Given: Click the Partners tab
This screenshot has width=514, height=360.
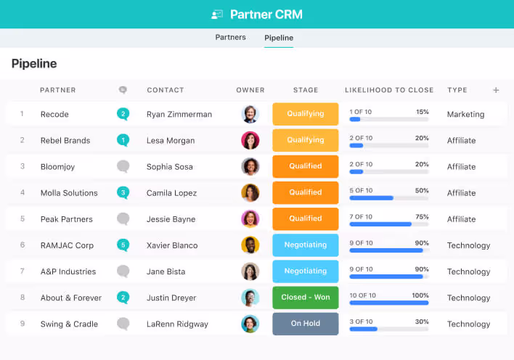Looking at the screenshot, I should pyautogui.click(x=230, y=37).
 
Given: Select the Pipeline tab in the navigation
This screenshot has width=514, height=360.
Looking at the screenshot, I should pyautogui.click(x=279, y=38).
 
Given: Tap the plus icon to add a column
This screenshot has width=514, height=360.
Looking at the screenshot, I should pyautogui.click(x=496, y=90).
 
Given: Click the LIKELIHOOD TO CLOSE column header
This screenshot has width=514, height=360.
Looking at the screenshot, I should pyautogui.click(x=388, y=90).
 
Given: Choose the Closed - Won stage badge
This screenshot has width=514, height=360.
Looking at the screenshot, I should pyautogui.click(x=305, y=298).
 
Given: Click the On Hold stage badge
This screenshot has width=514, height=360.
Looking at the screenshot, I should pyautogui.click(x=305, y=324).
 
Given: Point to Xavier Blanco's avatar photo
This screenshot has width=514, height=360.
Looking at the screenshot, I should pyautogui.click(x=250, y=245).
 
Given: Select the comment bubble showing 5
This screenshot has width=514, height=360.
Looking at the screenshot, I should pyautogui.click(x=123, y=245).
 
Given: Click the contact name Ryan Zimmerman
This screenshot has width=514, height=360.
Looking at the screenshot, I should pyautogui.click(x=179, y=114).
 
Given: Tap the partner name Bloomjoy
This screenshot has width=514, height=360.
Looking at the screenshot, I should pyautogui.click(x=57, y=167).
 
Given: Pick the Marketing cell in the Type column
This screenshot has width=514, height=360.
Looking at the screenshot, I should pyautogui.click(x=465, y=114).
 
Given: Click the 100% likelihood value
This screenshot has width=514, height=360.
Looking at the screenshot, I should pyautogui.click(x=420, y=295).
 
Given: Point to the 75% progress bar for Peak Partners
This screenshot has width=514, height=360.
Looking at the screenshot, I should pyautogui.click(x=388, y=224).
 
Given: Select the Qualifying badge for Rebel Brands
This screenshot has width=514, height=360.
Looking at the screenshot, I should pyautogui.click(x=305, y=140).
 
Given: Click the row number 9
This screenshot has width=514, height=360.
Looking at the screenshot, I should pyautogui.click(x=23, y=324).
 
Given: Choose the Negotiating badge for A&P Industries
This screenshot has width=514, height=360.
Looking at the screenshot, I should pyautogui.click(x=305, y=271).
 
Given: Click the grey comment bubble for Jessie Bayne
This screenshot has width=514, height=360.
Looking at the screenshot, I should pyautogui.click(x=123, y=218).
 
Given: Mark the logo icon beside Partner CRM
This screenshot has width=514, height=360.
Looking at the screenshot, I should pyautogui.click(x=217, y=15).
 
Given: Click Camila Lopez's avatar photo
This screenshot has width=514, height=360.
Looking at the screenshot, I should pyautogui.click(x=250, y=192).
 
